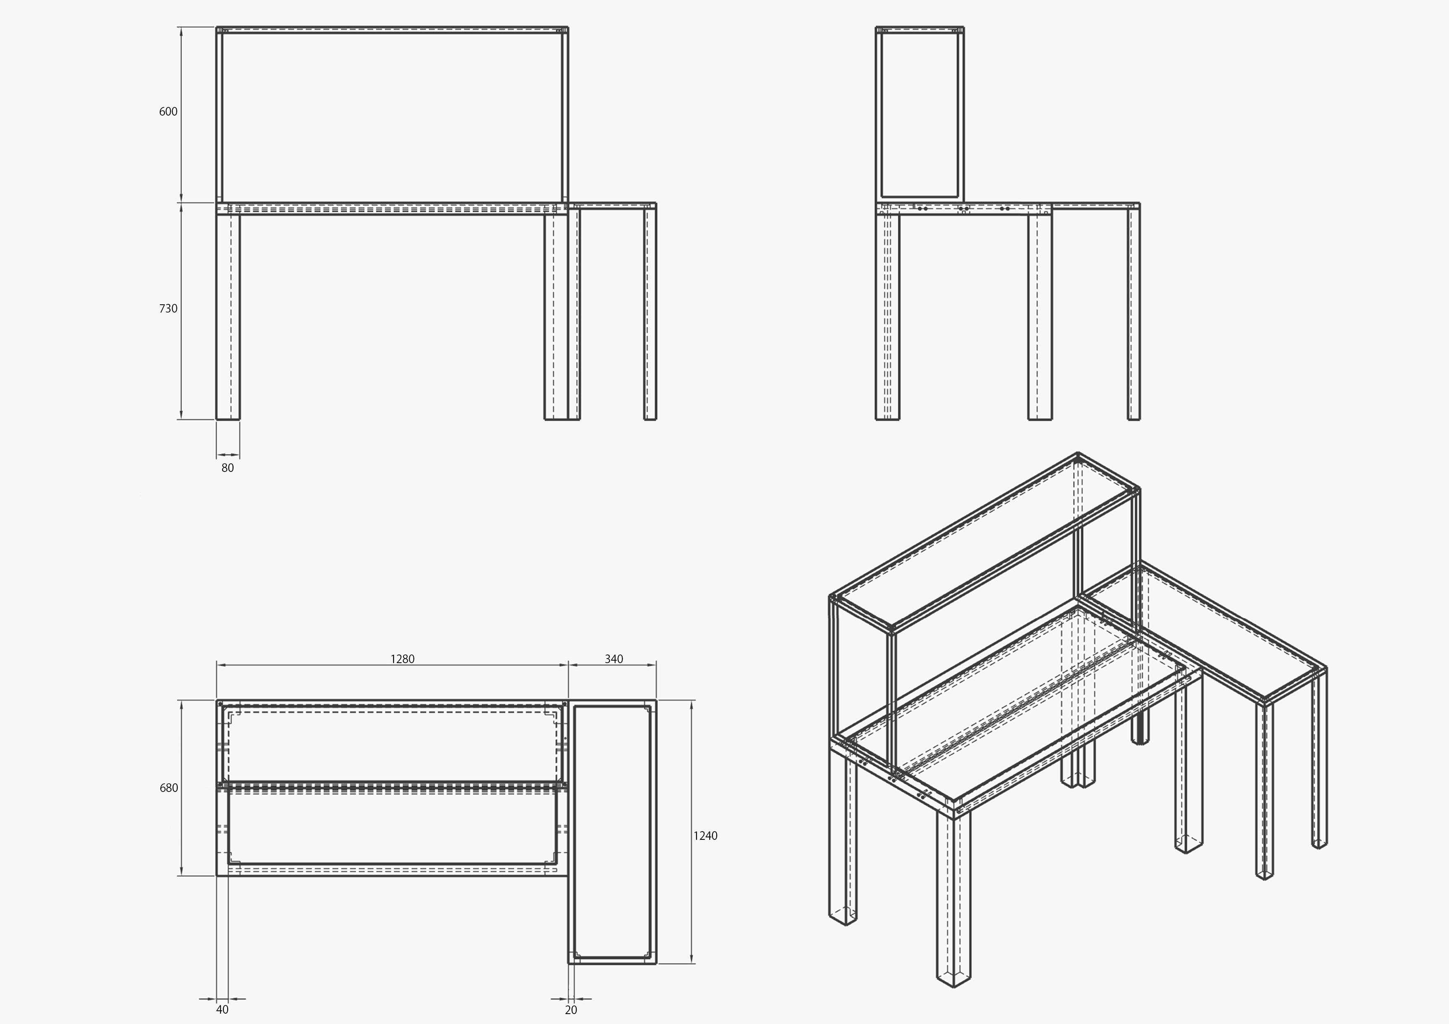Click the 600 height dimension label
click(x=168, y=111)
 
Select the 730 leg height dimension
click(x=168, y=308)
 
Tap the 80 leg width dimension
click(x=227, y=467)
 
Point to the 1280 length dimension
click(x=402, y=659)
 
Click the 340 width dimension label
click(x=613, y=659)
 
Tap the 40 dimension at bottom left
click(x=222, y=1010)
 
